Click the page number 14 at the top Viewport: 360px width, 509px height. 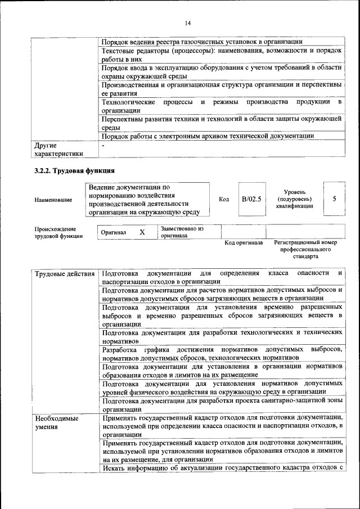187,22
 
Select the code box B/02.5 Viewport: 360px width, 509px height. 251,199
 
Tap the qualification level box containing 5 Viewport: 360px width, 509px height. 335,199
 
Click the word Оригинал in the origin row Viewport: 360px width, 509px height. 113,232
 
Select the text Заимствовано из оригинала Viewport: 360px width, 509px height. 182,232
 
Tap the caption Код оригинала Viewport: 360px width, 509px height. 244,243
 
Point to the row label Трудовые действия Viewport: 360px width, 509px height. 64,274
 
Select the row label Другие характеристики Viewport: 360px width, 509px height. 58,149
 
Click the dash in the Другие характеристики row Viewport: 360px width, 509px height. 103,145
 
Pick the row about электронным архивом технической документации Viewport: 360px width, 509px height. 208,136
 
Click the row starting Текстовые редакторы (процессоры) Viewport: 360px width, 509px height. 222,55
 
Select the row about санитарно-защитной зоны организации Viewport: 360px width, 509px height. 222,406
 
